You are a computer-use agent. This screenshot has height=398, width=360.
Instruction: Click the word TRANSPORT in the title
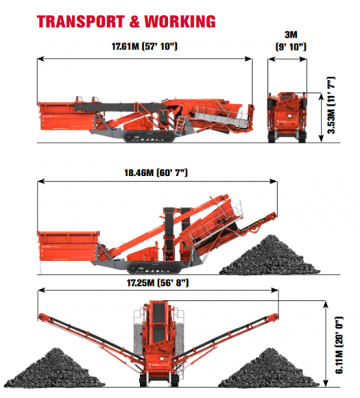81,22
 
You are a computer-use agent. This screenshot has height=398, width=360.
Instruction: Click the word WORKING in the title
180,22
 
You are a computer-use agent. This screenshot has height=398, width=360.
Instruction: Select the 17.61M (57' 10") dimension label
144,46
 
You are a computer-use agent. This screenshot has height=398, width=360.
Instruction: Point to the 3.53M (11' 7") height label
331,106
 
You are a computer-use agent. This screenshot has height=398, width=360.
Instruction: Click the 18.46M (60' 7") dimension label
156,173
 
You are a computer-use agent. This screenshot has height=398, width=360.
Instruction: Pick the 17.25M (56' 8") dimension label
158,283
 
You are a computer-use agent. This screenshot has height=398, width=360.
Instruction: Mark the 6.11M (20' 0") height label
339,345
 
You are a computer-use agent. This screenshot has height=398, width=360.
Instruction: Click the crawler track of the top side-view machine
150,137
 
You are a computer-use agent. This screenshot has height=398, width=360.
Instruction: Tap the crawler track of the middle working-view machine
154,268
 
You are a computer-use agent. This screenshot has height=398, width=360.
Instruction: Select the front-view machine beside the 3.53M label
287,117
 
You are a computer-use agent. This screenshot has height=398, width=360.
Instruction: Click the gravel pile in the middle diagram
270,255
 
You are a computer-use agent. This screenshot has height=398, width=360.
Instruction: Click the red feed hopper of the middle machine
69,246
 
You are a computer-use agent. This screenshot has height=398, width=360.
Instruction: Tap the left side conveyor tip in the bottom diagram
42,316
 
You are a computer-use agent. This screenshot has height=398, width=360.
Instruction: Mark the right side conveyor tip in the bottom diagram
274,317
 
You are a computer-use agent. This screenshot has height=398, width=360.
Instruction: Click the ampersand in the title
135,22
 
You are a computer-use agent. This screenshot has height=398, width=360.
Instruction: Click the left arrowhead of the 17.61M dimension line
40,58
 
